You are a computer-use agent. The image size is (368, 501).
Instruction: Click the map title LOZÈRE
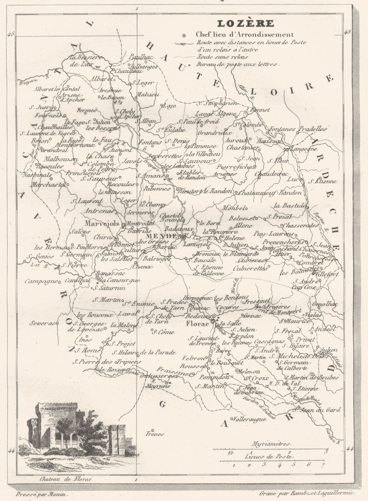(245, 24)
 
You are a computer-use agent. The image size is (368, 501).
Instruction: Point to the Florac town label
(197, 324)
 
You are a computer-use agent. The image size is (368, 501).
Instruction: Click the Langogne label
(304, 149)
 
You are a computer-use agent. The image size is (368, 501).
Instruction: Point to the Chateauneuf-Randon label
(270, 192)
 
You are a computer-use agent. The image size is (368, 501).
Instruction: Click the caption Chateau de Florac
(65, 479)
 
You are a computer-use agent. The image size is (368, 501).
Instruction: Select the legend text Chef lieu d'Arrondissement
(245, 35)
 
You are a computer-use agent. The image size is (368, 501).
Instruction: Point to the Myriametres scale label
(272, 444)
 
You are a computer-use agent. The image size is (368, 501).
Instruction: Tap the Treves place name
(155, 434)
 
